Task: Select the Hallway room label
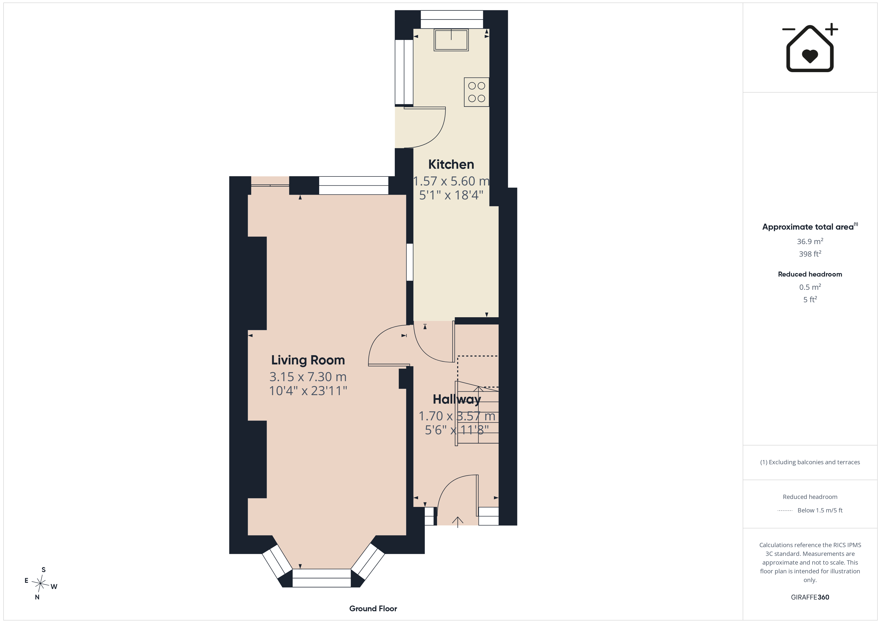pos(457,399)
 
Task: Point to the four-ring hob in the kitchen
pos(476,92)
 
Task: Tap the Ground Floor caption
pos(373,609)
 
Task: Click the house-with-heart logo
pos(810,48)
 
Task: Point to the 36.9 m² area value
pos(810,241)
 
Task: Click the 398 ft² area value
pos(810,254)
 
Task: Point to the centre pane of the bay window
pos(322,578)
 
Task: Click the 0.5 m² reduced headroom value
pos(810,287)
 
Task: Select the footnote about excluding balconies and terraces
pos(810,462)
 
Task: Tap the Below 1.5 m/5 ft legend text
pos(820,510)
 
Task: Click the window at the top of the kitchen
pos(452,19)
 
